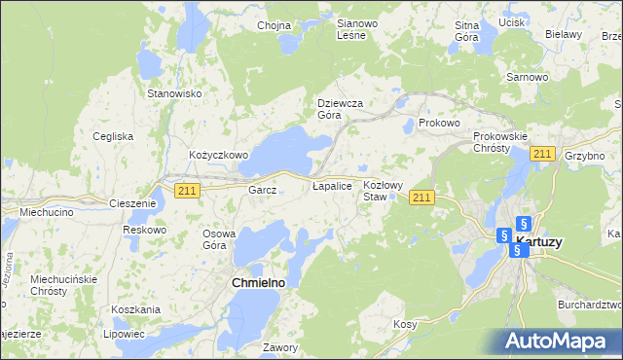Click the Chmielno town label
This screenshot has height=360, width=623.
click(x=261, y=282)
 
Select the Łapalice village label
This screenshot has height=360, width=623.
click(x=331, y=185)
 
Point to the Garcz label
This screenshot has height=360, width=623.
click(x=263, y=191)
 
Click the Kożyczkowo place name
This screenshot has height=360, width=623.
click(x=219, y=155)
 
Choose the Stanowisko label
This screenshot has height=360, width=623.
click(x=173, y=93)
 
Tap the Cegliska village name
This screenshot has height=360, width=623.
click(x=113, y=136)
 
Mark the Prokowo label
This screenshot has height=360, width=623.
click(x=438, y=124)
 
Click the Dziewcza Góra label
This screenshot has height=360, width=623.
click(x=341, y=108)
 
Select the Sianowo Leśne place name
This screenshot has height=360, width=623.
click(x=350, y=29)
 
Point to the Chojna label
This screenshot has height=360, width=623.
click(x=275, y=25)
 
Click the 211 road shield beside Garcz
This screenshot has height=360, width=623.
click(x=188, y=191)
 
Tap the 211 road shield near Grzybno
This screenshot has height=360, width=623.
click(x=543, y=154)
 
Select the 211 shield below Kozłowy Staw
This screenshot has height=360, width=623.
click(x=421, y=198)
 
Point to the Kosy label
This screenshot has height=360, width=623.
click(x=405, y=324)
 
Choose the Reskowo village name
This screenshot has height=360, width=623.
click(x=144, y=230)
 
